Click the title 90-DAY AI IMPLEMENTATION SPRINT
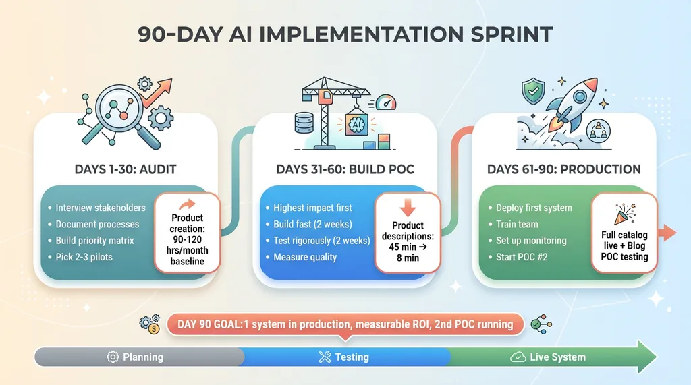coord(345,34)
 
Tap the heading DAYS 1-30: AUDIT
coord(126,169)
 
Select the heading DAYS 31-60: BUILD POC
coord(345,169)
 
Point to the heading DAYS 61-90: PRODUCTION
coord(563,169)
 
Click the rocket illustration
coord(572,104)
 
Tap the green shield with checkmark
coord(533,92)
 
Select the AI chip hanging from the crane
coord(356,124)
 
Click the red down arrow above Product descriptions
coord(408,206)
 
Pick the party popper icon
coord(624,214)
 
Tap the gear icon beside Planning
coord(113,357)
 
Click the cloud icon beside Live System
coord(518,357)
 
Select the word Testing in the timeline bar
coord(352,357)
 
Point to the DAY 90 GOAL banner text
coord(345,324)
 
